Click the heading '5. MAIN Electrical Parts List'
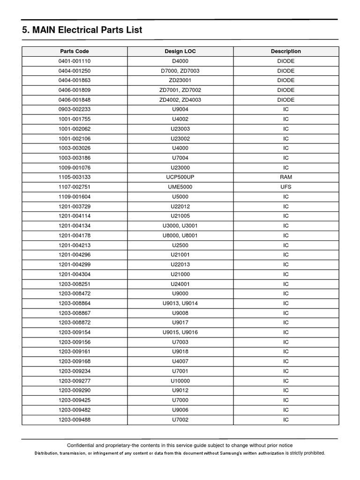82,30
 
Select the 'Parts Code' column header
75,52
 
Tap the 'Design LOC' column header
180,52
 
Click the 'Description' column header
285,52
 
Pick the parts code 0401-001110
75,61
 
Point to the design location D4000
180,61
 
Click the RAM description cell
285,177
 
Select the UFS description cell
285,187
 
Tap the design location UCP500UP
180,177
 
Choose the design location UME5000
180,187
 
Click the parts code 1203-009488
75,420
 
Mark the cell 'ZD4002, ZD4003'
180,100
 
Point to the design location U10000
180,381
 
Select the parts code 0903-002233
75,109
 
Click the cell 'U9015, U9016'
180,332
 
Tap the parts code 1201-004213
75,245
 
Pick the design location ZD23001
180,81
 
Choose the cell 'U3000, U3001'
180,226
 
